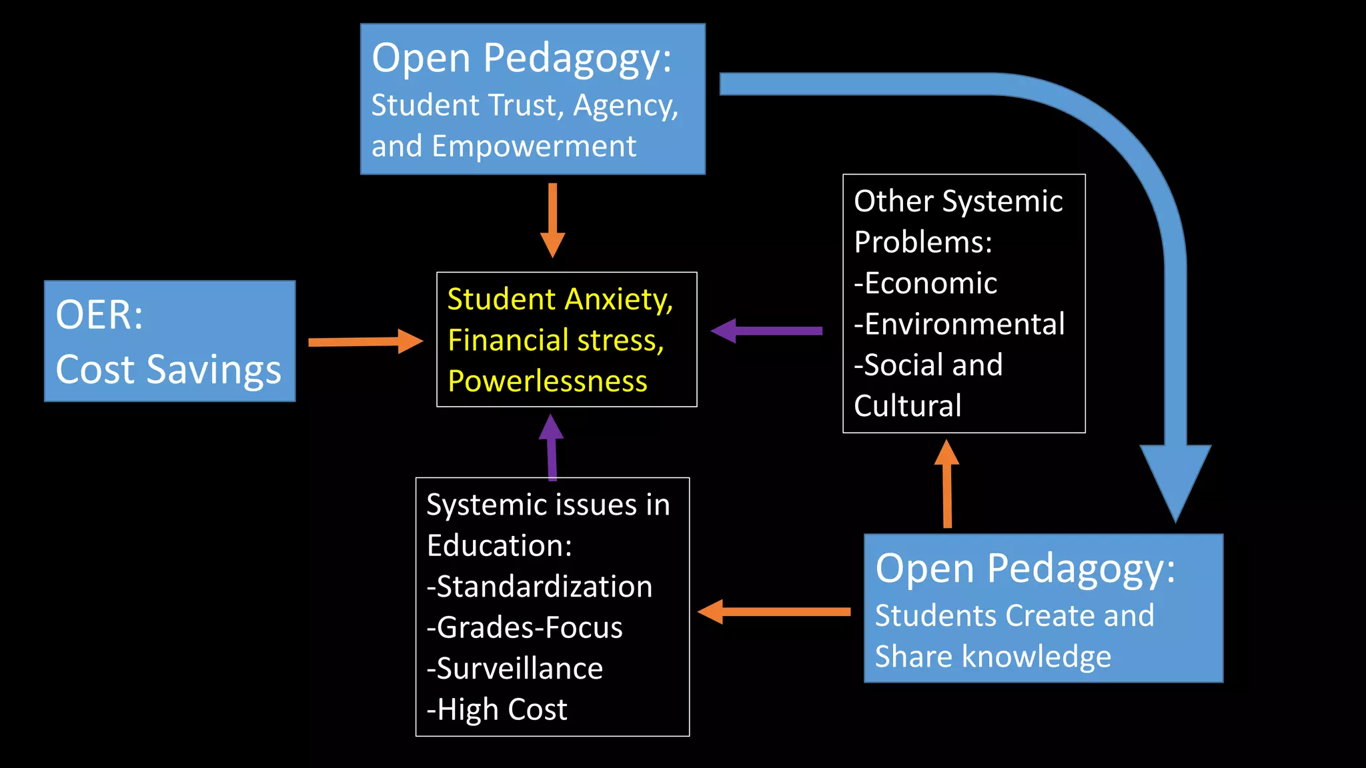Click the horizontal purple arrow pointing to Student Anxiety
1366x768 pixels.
coord(767,331)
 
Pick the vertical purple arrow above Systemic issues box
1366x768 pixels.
coord(552,447)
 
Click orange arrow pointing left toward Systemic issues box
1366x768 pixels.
coord(774,611)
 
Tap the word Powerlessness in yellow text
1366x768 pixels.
coord(548,381)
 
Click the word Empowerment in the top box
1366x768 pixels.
coord(534,146)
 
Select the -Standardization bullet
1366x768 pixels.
coord(540,587)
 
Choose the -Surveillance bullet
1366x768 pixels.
coord(515,669)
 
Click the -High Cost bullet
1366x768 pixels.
coord(497,709)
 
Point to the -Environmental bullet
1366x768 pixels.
coord(959,324)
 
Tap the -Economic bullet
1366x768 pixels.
coord(926,283)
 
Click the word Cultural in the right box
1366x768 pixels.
coord(908,406)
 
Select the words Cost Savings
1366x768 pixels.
coord(168,369)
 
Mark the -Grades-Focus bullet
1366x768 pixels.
coord(525,628)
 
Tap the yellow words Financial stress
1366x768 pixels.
coord(556,340)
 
